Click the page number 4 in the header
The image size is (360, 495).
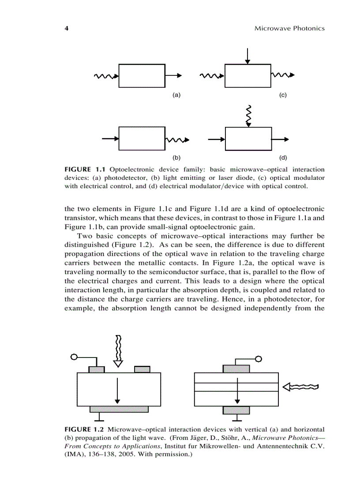66,29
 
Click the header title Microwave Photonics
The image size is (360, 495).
289,29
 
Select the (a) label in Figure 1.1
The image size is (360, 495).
176,95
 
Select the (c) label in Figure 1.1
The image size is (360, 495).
283,95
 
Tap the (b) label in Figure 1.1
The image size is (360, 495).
176,157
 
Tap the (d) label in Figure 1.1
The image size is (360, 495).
283,157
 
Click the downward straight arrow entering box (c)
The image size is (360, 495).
248,56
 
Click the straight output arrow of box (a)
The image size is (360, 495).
173,76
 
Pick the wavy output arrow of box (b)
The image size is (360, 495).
177,140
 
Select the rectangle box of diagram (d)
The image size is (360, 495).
248,139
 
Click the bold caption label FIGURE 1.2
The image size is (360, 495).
85,429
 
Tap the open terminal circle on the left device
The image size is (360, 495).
74,357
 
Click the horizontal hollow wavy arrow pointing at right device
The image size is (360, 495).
300,387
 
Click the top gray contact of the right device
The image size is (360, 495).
236,368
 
